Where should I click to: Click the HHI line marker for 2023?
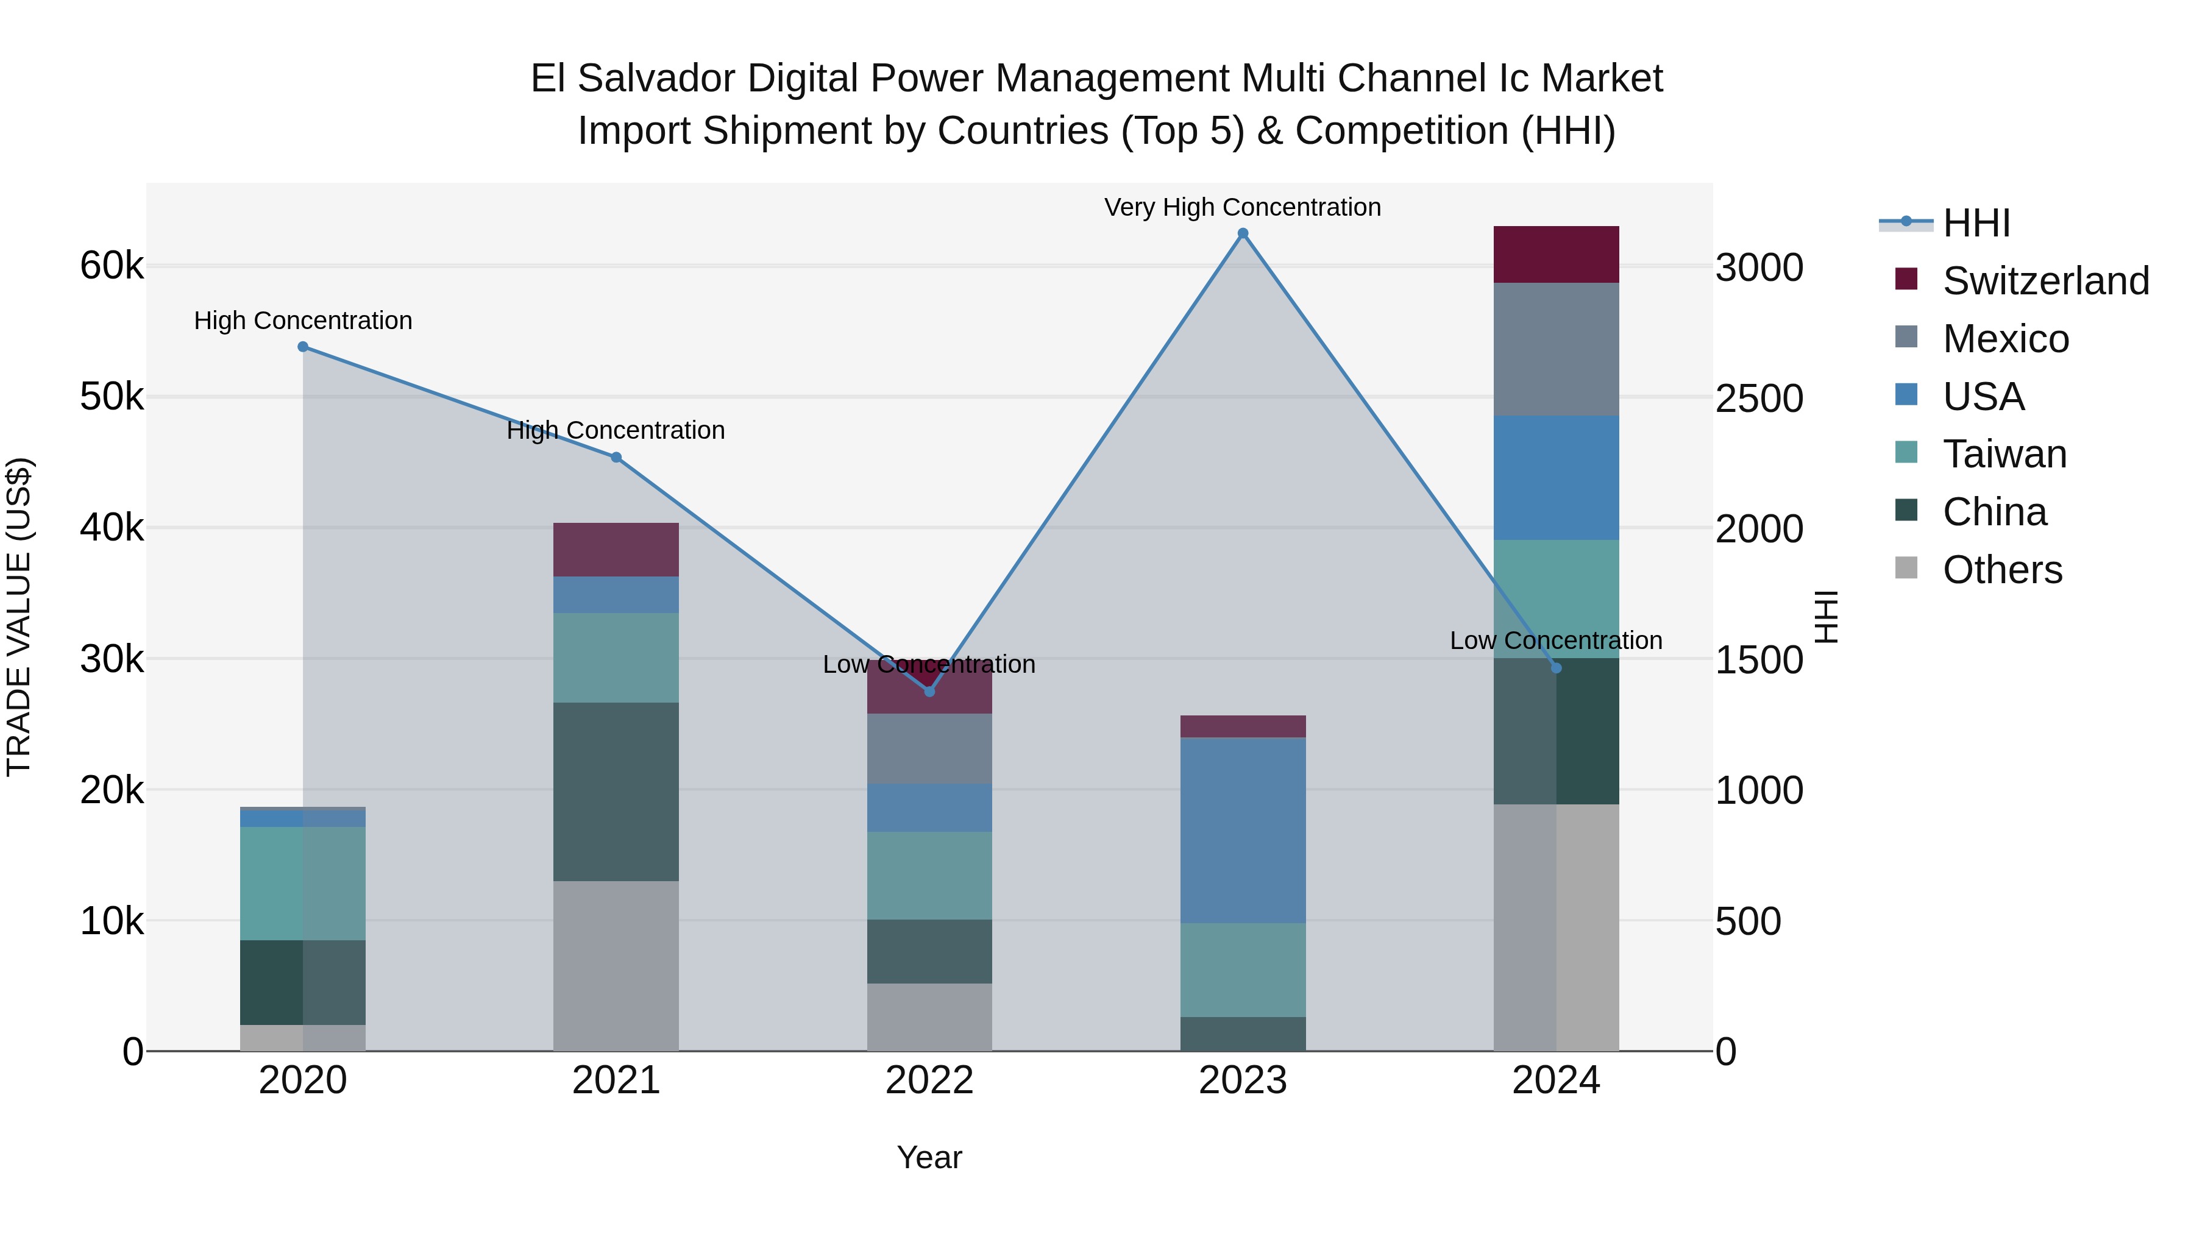(x=1243, y=233)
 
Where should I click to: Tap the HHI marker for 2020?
(x=304, y=347)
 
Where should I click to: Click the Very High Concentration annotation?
(x=1242, y=207)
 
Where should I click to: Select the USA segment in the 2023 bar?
(x=1243, y=831)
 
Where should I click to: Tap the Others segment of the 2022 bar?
(x=929, y=1017)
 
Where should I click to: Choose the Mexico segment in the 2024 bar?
(x=1556, y=349)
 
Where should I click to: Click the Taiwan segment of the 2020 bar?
(x=304, y=883)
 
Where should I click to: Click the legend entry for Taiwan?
(x=2004, y=454)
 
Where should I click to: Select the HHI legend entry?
(x=1976, y=223)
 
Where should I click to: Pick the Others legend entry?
(x=2001, y=570)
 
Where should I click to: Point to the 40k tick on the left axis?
(x=112, y=528)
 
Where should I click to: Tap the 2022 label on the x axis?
(x=929, y=1080)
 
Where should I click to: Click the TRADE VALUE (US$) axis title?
(x=19, y=617)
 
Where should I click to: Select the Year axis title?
(x=929, y=1157)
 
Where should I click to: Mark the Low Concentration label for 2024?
(x=1555, y=640)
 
